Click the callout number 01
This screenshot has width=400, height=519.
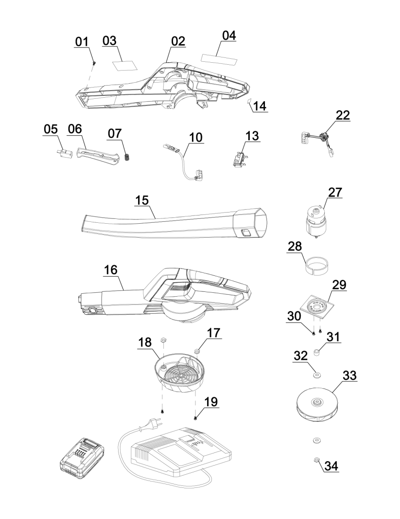[82, 42]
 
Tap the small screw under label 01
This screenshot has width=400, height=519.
[94, 62]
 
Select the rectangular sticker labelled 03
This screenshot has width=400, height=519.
[125, 65]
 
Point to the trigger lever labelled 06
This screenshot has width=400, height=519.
[97, 156]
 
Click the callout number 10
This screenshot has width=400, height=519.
[196, 137]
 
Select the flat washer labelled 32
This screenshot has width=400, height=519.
[316, 375]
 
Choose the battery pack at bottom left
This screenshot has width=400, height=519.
[82, 458]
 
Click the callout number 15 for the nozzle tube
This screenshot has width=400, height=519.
[142, 200]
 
